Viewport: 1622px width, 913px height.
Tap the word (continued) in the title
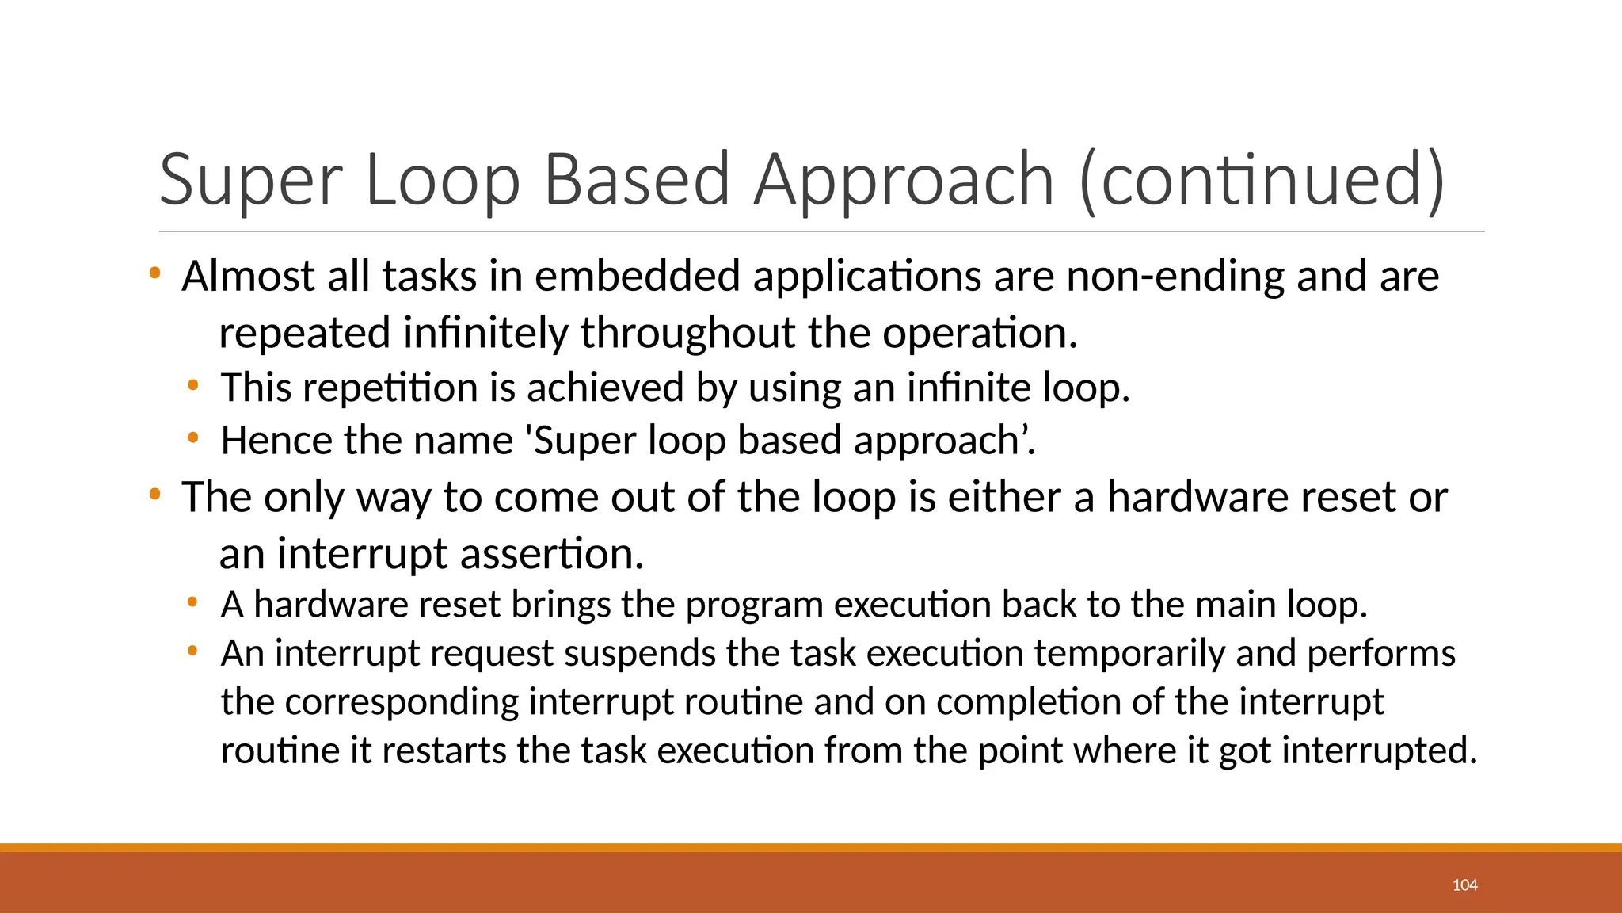point(1262,181)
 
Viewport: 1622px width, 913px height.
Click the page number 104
point(1464,885)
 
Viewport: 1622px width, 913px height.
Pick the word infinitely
point(485,332)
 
